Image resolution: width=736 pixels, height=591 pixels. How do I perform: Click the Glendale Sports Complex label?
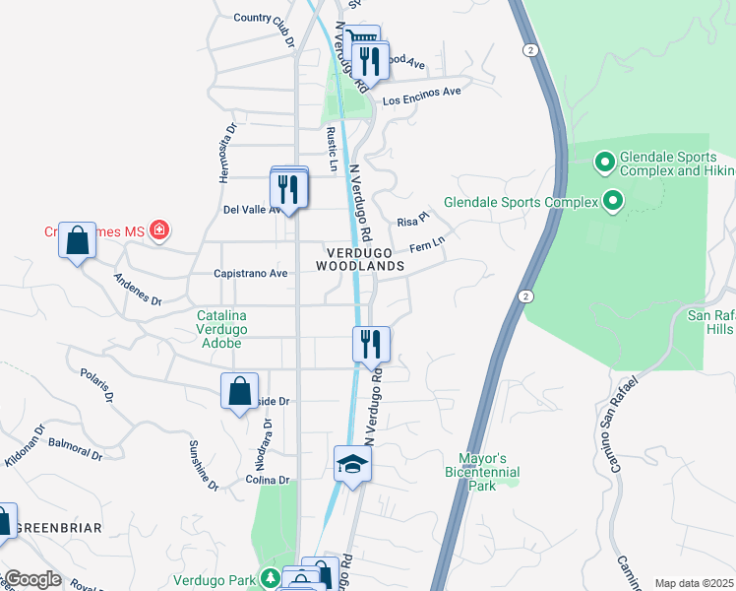521,202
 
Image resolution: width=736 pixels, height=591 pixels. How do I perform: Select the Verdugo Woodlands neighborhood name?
360,259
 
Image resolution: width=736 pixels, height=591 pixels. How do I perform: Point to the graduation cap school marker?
351,463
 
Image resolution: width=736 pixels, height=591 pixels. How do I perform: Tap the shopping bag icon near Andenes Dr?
77,239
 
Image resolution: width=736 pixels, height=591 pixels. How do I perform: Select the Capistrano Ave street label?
250,273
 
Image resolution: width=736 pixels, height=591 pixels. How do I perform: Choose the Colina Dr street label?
269,481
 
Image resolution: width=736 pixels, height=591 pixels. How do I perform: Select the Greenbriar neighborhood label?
59,528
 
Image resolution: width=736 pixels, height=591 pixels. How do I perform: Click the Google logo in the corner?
31,579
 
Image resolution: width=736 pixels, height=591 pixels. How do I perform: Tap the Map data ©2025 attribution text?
694,583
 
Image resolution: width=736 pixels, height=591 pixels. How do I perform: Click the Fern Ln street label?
428,242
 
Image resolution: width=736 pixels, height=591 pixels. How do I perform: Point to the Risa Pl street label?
413,221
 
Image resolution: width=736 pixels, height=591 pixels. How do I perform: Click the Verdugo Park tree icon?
271,579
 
